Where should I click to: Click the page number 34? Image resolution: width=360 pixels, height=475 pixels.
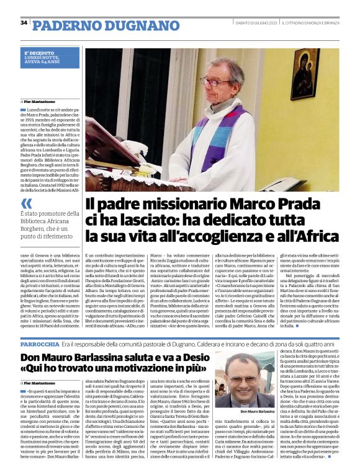pos(24,23)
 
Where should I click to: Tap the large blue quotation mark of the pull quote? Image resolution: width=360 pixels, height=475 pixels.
pos(26,203)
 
